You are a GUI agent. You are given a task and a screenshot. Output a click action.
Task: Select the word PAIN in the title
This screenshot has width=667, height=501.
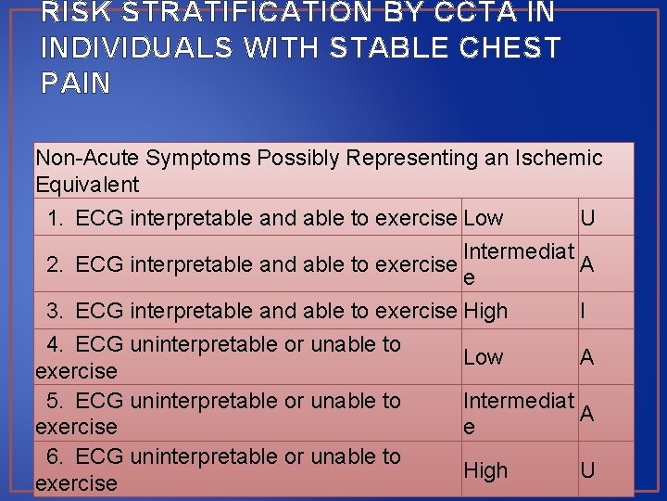click(x=76, y=83)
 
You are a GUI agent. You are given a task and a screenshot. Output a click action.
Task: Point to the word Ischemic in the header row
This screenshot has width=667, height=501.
click(x=560, y=158)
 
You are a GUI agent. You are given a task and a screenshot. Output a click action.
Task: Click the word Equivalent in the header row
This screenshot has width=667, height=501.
click(x=87, y=185)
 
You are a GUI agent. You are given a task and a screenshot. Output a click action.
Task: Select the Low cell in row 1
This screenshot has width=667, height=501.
click(x=484, y=218)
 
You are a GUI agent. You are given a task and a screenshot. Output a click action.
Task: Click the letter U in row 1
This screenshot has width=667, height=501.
click(x=587, y=218)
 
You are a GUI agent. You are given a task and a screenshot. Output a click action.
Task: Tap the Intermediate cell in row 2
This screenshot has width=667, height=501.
click(x=519, y=263)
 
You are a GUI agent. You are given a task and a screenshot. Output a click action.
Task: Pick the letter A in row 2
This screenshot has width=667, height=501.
click(x=587, y=264)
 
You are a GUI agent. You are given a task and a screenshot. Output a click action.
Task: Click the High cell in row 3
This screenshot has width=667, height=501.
click(x=485, y=311)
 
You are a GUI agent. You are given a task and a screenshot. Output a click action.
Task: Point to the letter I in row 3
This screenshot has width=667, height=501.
click(x=583, y=311)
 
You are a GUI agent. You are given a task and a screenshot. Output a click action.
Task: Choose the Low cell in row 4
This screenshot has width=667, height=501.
click(x=484, y=357)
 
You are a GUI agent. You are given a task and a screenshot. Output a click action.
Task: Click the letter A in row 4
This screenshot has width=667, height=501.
click(x=587, y=357)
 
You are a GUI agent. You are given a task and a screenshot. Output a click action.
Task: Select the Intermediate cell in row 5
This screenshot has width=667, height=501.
click(x=519, y=413)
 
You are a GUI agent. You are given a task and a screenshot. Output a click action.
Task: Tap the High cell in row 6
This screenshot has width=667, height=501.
click(x=485, y=470)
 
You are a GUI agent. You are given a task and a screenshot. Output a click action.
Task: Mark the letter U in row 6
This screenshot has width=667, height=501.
click(x=587, y=470)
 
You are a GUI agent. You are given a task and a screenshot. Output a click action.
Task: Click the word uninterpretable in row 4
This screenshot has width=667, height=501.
click(x=204, y=344)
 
